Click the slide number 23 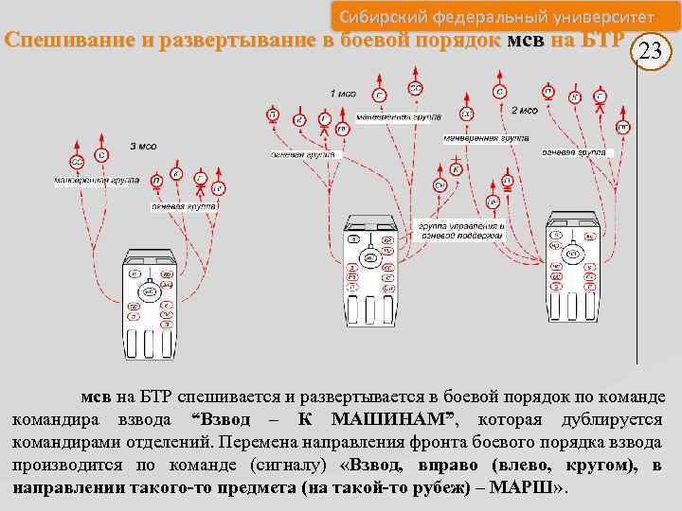tap(650, 52)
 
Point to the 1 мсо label tap(344, 94)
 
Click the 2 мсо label tap(525, 111)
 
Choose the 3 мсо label tap(144, 147)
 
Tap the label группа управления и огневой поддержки tap(461, 232)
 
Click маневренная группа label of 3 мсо tap(98, 180)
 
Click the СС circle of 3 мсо tap(78, 163)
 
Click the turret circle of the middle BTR tap(370, 257)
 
